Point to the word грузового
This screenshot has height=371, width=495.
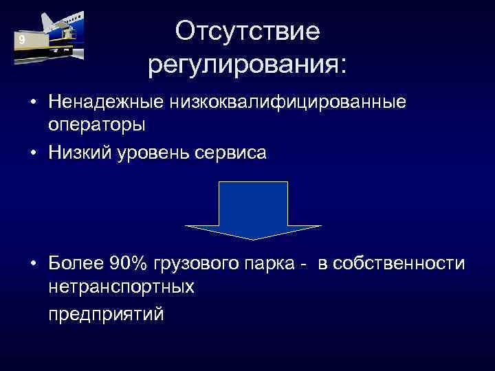(199, 264)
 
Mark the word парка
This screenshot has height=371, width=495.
(270, 264)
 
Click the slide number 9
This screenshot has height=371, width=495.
(22, 41)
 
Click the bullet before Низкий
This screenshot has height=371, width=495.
(33, 153)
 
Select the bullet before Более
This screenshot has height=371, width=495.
(33, 265)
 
